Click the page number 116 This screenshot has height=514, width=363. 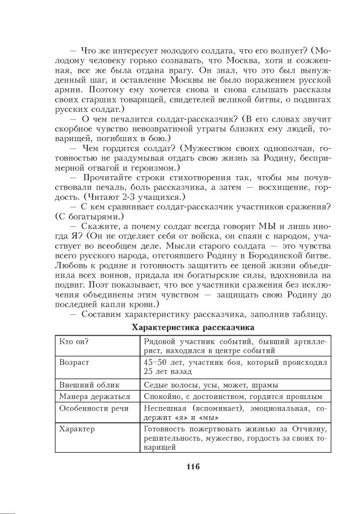pyautogui.click(x=193, y=467)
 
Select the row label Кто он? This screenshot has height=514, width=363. pyautogui.click(x=74, y=341)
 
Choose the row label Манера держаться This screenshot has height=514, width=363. pyautogui.click(x=94, y=397)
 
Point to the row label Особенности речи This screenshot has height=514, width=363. pyautogui.click(x=94, y=409)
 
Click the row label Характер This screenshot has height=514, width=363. pyautogui.click(x=76, y=429)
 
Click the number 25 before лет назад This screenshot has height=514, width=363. pyautogui.click(x=148, y=371)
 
